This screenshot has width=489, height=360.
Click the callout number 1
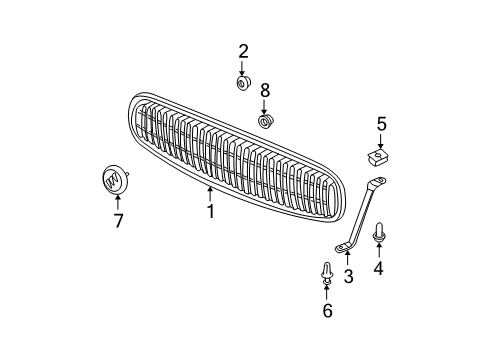tap(210, 212)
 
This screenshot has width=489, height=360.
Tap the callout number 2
tap(242, 52)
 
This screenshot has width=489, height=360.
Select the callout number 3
tap(348, 277)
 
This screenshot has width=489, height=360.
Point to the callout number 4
tap(379, 267)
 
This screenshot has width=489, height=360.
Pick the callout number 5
tap(381, 125)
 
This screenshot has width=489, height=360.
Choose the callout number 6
tap(328, 313)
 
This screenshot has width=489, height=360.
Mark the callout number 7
tap(118, 221)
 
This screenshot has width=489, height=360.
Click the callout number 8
tap(265, 91)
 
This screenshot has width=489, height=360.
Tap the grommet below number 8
tap(266, 121)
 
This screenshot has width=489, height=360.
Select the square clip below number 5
tap(379, 158)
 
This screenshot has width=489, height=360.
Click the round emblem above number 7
tap(116, 180)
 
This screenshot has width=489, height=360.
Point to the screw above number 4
tap(379, 235)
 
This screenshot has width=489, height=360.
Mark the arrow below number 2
tap(242, 67)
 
